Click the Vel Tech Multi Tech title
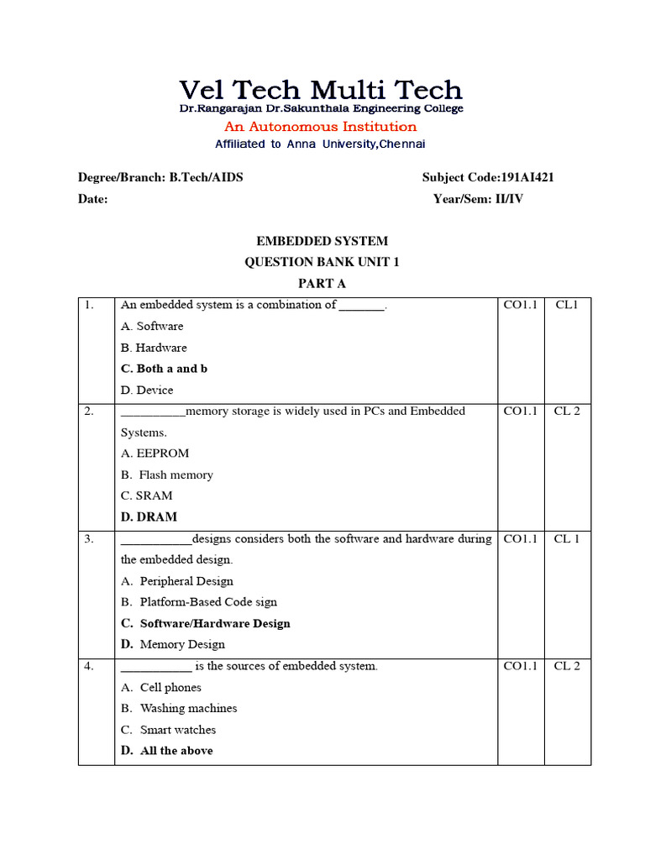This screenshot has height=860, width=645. [x=321, y=89]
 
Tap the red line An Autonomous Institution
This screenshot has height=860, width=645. [x=320, y=127]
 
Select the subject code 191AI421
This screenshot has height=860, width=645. [x=527, y=177]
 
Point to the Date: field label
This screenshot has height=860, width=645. [x=92, y=199]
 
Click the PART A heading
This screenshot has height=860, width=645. [x=322, y=284]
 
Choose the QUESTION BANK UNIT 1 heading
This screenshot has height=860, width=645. [x=322, y=262]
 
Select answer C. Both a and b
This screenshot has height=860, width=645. [x=164, y=369]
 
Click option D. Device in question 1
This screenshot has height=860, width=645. [x=147, y=390]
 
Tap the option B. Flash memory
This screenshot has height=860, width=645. [x=167, y=475]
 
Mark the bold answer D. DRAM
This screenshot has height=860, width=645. [x=149, y=517]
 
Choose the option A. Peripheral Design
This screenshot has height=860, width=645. [x=177, y=581]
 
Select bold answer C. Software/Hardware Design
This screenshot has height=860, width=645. [x=206, y=623]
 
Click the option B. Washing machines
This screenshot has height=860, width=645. [x=179, y=708]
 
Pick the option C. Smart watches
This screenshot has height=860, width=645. [x=168, y=730]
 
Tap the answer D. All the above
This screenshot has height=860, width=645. [x=166, y=751]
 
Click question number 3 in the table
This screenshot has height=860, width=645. [x=88, y=539]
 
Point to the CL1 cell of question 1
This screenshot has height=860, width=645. [x=567, y=305]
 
